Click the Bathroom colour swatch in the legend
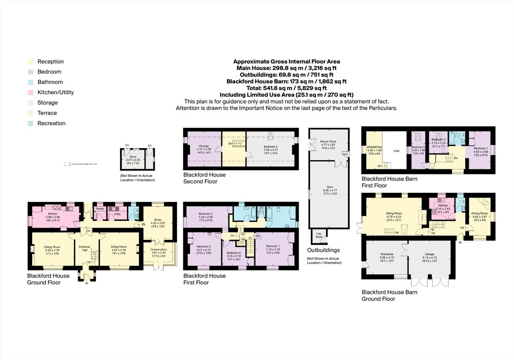pyautogui.click(x=30, y=82)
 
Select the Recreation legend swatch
pyautogui.click(x=30, y=123)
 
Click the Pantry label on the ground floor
pyautogui.click(x=100, y=209)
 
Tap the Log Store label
pyautogui.click(x=319, y=235)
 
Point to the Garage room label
pyautogui.click(x=429, y=254)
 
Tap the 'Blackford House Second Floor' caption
pyautogui.click(x=204, y=178)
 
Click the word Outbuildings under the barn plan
pyautogui.click(x=323, y=250)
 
